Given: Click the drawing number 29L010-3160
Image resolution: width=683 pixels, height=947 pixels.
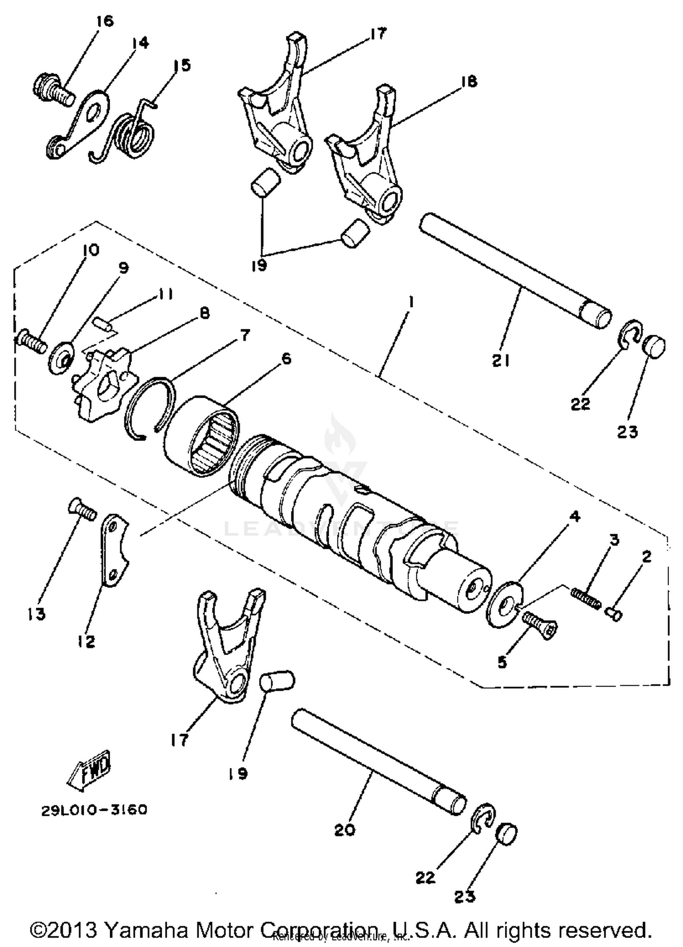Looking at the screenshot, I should (x=94, y=810).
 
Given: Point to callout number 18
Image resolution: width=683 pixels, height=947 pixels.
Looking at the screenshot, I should (x=469, y=82).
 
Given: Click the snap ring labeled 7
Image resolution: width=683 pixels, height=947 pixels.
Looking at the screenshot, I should (x=151, y=408).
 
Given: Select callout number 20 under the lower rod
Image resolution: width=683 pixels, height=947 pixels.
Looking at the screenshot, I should (x=344, y=830).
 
